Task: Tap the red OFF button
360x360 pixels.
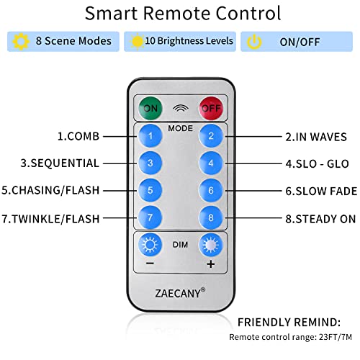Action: [211, 108]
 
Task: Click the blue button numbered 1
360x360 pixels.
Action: [150, 136]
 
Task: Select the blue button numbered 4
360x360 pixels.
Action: [211, 163]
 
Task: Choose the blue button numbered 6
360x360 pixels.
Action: [211, 191]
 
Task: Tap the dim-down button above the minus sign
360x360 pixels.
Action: [150, 245]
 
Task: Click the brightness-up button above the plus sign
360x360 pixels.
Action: [211, 245]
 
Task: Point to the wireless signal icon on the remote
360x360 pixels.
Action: [181, 109]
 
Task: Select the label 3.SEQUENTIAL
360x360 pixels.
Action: [60, 163]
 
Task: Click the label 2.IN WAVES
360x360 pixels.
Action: [316, 137]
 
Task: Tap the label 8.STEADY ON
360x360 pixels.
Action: [320, 219]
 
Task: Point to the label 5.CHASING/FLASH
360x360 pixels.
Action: [50, 190]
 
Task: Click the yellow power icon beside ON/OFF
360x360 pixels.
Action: [254, 42]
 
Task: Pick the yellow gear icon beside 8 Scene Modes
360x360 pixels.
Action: [21, 42]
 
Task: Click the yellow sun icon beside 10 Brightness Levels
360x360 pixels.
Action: [137, 41]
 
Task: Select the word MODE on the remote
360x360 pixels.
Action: [180, 128]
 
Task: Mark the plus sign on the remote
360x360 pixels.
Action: [211, 264]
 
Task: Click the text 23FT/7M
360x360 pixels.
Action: [336, 337]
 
